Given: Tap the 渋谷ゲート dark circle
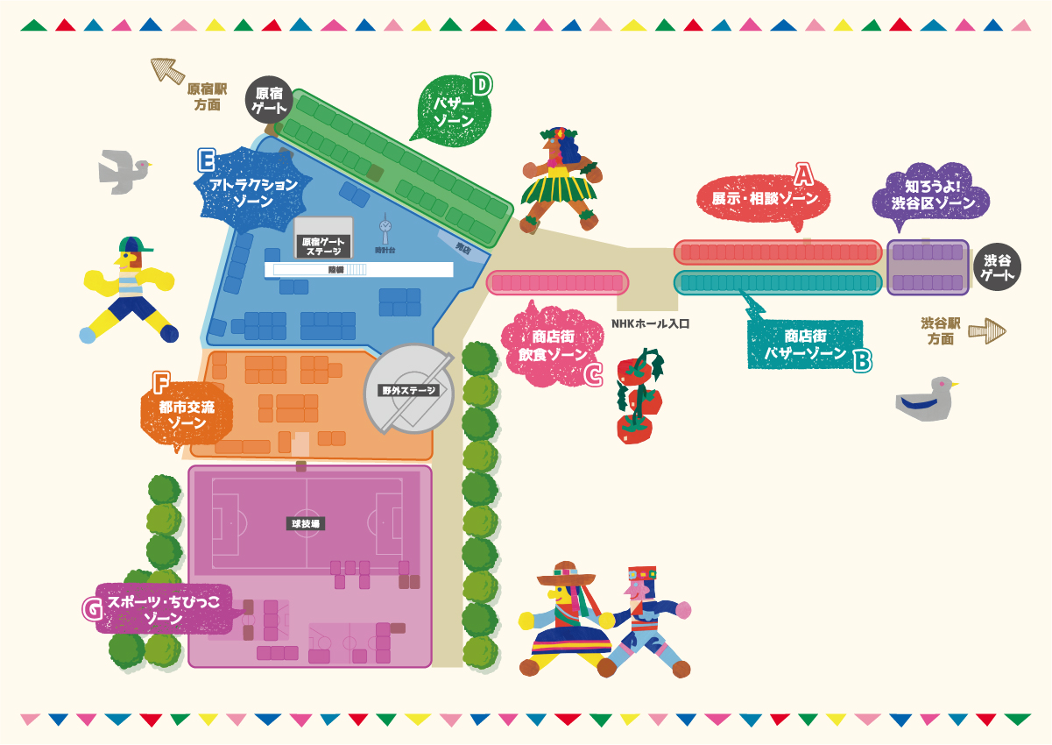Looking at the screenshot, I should [997, 267].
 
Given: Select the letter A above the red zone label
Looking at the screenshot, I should [803, 172].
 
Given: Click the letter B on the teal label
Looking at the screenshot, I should [861, 358].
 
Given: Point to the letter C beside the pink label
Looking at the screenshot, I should [593, 374].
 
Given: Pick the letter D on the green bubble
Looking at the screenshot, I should [481, 85].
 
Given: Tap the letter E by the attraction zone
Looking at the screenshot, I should [207, 160].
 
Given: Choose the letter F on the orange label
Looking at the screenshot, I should [160, 383].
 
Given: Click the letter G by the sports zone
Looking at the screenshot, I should [91, 609].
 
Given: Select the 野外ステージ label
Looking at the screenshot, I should [408, 391].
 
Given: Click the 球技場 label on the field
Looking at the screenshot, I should [307, 524].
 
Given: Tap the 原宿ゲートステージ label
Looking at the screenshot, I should [323, 246].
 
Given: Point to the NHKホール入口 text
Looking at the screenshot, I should [651, 323].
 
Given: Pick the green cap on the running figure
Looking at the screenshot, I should [134, 245].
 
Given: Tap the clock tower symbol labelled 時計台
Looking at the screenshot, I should [385, 230].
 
